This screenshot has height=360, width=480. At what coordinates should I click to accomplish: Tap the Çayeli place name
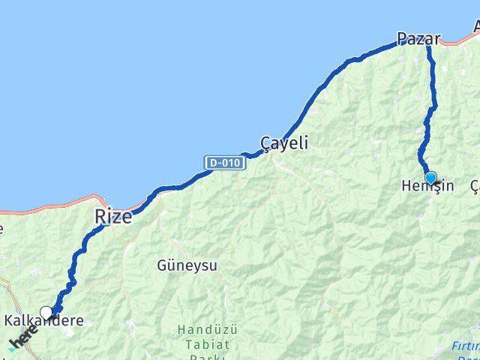284,142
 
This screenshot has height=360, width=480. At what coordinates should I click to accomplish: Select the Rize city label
113,217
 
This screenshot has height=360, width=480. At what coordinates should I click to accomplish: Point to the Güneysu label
187,265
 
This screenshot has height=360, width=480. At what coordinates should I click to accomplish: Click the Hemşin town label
428,185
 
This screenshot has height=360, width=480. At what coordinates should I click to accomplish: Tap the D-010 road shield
225,162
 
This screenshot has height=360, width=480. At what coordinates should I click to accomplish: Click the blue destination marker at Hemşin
430,178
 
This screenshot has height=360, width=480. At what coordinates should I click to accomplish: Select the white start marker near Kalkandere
46,313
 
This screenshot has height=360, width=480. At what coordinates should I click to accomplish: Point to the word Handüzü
203,328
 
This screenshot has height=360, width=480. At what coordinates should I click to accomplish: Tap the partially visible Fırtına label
466,346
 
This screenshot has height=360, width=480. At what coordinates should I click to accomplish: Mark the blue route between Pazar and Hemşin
431,105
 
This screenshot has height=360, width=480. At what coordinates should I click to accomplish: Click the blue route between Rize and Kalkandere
75,262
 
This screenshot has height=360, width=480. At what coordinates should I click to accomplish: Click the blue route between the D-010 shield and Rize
172,186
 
